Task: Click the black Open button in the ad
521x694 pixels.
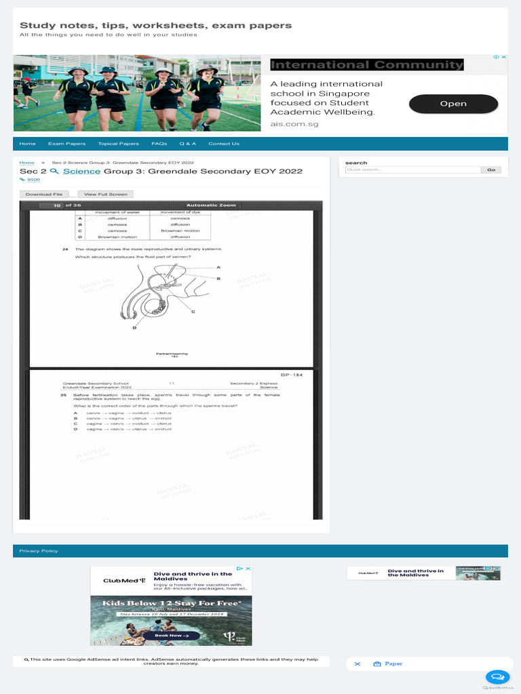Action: click(453, 104)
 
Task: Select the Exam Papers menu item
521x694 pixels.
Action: click(66, 144)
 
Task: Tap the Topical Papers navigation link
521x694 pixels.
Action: click(118, 144)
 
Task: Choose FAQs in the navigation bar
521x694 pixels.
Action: click(159, 144)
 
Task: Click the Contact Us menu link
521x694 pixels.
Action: click(224, 144)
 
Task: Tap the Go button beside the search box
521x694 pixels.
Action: click(492, 170)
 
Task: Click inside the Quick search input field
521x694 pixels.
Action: click(412, 170)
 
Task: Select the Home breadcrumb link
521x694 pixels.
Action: click(27, 163)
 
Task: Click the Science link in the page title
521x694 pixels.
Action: click(82, 171)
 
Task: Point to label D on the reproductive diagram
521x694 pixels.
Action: click(134, 328)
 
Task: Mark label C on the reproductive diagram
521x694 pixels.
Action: click(193, 312)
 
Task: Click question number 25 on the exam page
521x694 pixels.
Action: click(64, 394)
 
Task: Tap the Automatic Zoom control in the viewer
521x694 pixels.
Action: click(211, 205)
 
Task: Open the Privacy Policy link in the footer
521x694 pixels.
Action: click(39, 551)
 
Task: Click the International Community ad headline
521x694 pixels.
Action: click(367, 65)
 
